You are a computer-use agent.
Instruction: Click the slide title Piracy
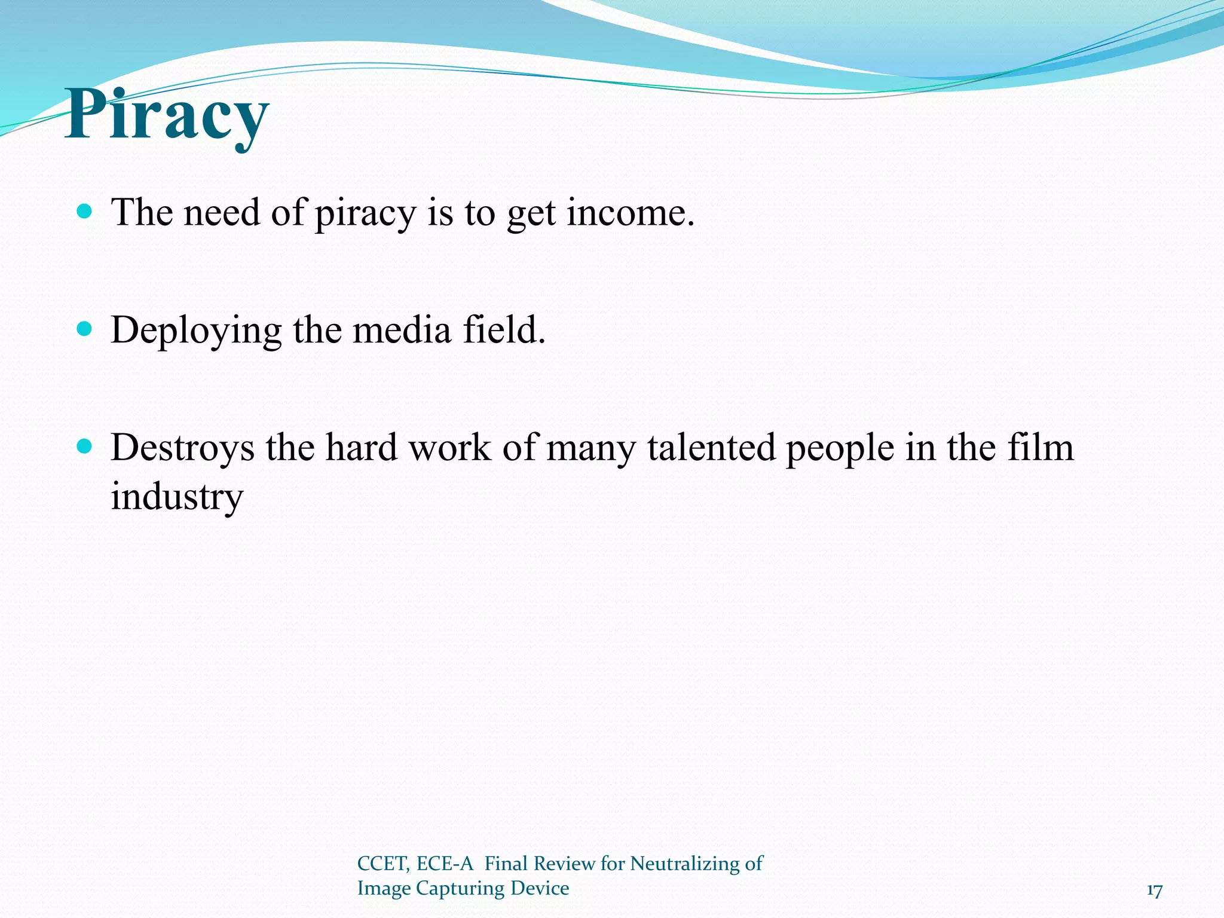click(167, 115)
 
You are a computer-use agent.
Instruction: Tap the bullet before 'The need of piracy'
click(85, 211)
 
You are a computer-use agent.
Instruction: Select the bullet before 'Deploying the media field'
click(85, 329)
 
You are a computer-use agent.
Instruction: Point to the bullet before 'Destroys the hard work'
click(85, 446)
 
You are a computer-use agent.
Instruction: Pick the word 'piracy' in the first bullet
click(365, 213)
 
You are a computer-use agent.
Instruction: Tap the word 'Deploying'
click(196, 331)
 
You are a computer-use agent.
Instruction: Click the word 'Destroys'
click(182, 448)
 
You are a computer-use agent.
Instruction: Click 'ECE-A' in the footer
click(445, 864)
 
